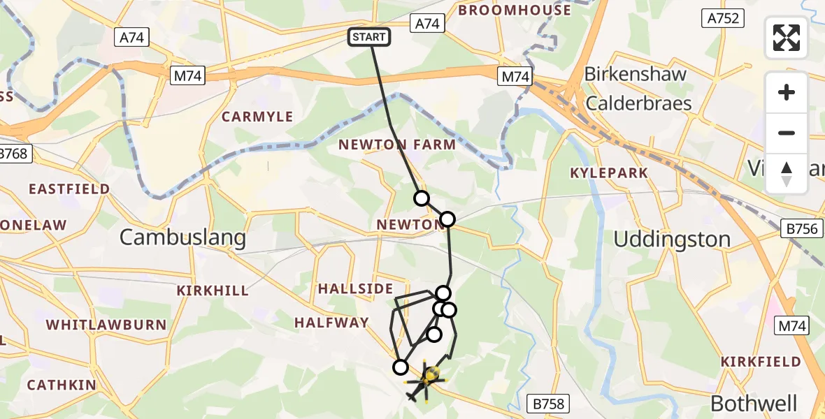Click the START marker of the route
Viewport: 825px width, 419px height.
[x=369, y=37]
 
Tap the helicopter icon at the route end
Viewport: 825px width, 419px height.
[x=425, y=381]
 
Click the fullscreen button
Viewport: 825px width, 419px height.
[x=787, y=38]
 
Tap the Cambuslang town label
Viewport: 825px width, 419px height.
[x=182, y=237]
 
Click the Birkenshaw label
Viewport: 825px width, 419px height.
[x=635, y=74]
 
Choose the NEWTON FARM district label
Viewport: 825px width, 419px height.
[x=396, y=145]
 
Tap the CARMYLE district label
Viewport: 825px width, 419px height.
[x=257, y=117]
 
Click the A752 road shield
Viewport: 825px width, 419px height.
[x=723, y=18]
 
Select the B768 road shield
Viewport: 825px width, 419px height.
[x=15, y=154]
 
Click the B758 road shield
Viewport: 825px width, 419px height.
[x=548, y=403]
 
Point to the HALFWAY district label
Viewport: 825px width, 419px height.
[x=331, y=322]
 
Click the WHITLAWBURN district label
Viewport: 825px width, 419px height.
[x=106, y=325]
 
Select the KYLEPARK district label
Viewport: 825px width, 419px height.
[x=608, y=172]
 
